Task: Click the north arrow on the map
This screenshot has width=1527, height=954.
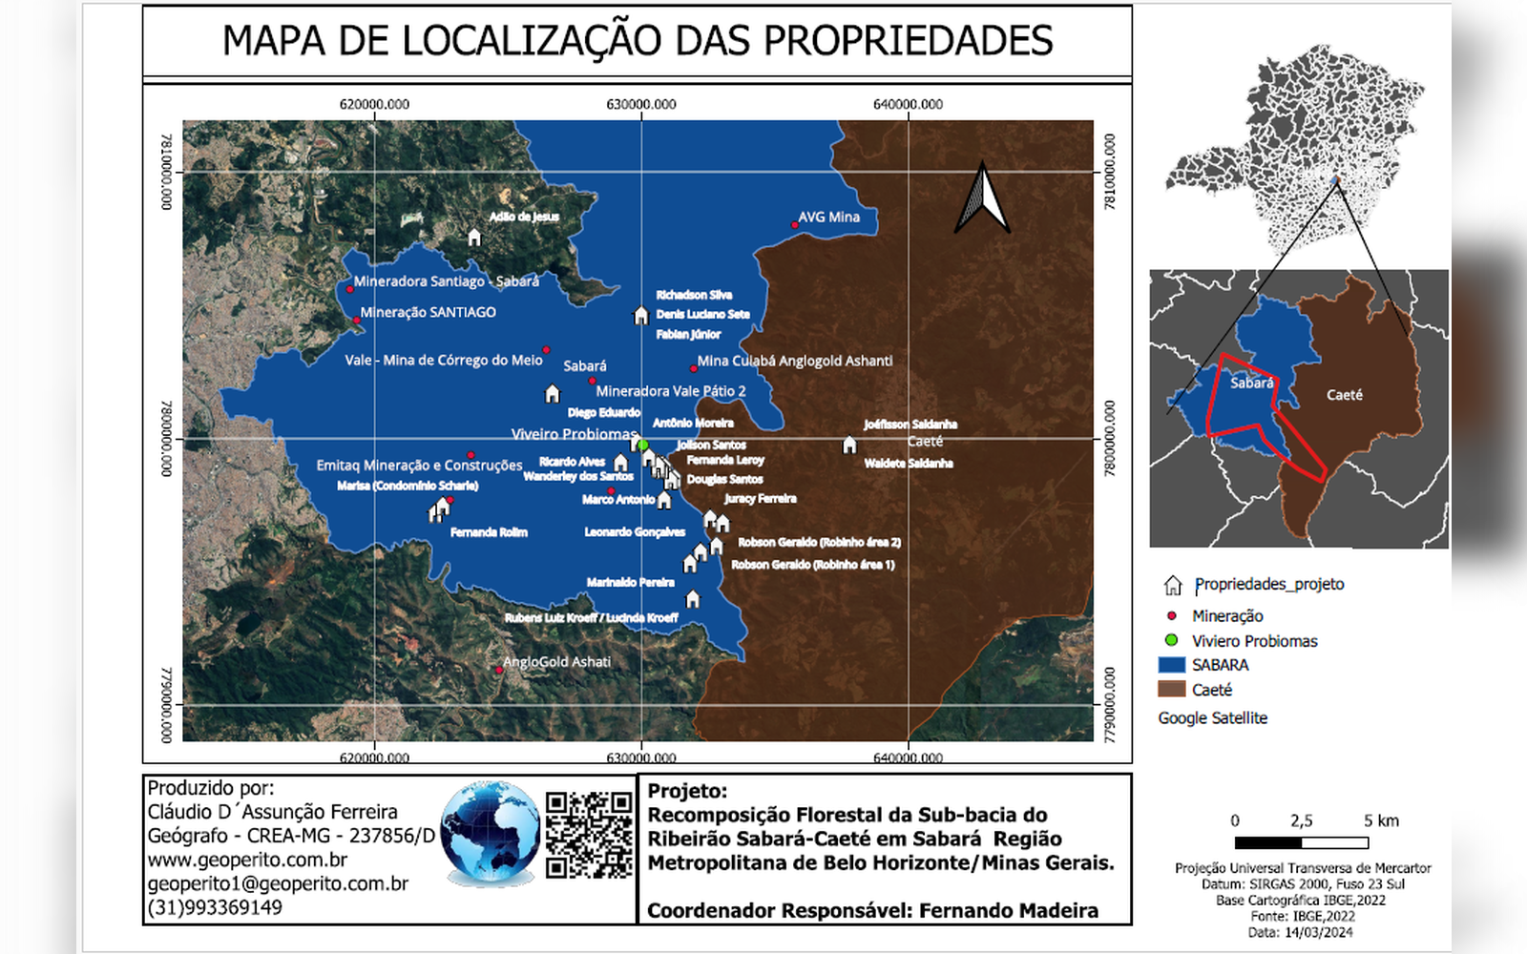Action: [982, 199]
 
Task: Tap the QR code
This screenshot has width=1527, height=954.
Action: [589, 834]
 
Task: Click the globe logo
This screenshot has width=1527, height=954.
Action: [491, 833]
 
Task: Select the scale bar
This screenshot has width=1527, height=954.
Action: [1301, 842]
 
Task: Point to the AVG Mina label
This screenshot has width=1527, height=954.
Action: [828, 218]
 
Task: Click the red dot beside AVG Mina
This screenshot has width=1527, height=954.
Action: [795, 225]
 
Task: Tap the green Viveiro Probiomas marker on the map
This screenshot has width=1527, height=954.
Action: [642, 445]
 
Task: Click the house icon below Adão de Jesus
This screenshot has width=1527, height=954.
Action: [474, 237]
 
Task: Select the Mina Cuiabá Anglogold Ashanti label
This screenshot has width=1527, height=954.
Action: [795, 361]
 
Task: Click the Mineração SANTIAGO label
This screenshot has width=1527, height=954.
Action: [428, 312]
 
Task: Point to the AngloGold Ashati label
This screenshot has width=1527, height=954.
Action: [556, 662]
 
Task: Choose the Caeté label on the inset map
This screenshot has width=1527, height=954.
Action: [1344, 395]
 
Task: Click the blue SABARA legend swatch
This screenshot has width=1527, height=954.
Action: [1171, 665]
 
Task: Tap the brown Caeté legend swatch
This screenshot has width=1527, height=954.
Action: [1171, 690]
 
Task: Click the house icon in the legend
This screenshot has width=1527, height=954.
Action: [1173, 585]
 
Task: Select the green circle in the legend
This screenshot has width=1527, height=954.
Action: [1171, 640]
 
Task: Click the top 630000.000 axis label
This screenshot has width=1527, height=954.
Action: [641, 105]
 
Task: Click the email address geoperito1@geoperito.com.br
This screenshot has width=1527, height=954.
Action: [278, 883]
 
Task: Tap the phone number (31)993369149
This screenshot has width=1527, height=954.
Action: [215, 907]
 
